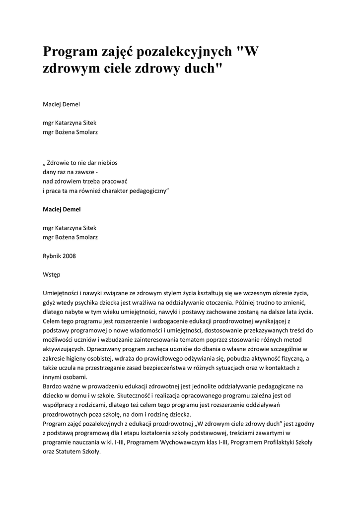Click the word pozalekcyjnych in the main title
pyautogui.click(x=183, y=52)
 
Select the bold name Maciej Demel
pyautogui.click(x=62, y=209)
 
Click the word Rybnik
pyautogui.click(x=52, y=255)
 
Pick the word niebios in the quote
pyautogui.click(x=106, y=162)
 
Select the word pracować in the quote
pyautogui.click(x=119, y=181)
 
